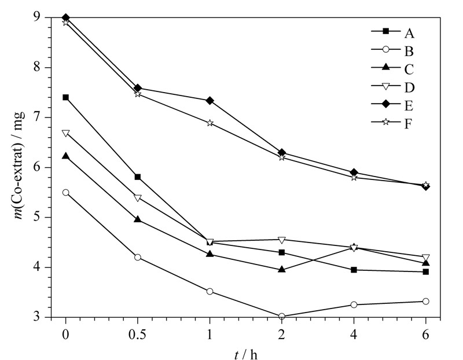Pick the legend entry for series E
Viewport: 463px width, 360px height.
point(392,105)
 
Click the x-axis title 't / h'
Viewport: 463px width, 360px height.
point(245,354)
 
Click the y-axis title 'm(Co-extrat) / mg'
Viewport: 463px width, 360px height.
point(20,166)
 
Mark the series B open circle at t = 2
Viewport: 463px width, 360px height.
point(282,316)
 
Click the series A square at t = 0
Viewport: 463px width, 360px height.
point(65,97)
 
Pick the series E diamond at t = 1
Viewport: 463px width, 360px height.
point(210,101)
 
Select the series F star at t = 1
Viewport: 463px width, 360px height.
point(210,123)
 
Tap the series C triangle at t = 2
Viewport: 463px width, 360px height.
point(282,269)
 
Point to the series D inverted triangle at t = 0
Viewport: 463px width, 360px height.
point(65,134)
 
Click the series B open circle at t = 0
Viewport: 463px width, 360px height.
point(65,193)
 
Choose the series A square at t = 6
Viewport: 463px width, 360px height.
point(425,271)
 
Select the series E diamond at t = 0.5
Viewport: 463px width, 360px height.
point(138,88)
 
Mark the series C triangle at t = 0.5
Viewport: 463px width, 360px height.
point(138,219)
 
